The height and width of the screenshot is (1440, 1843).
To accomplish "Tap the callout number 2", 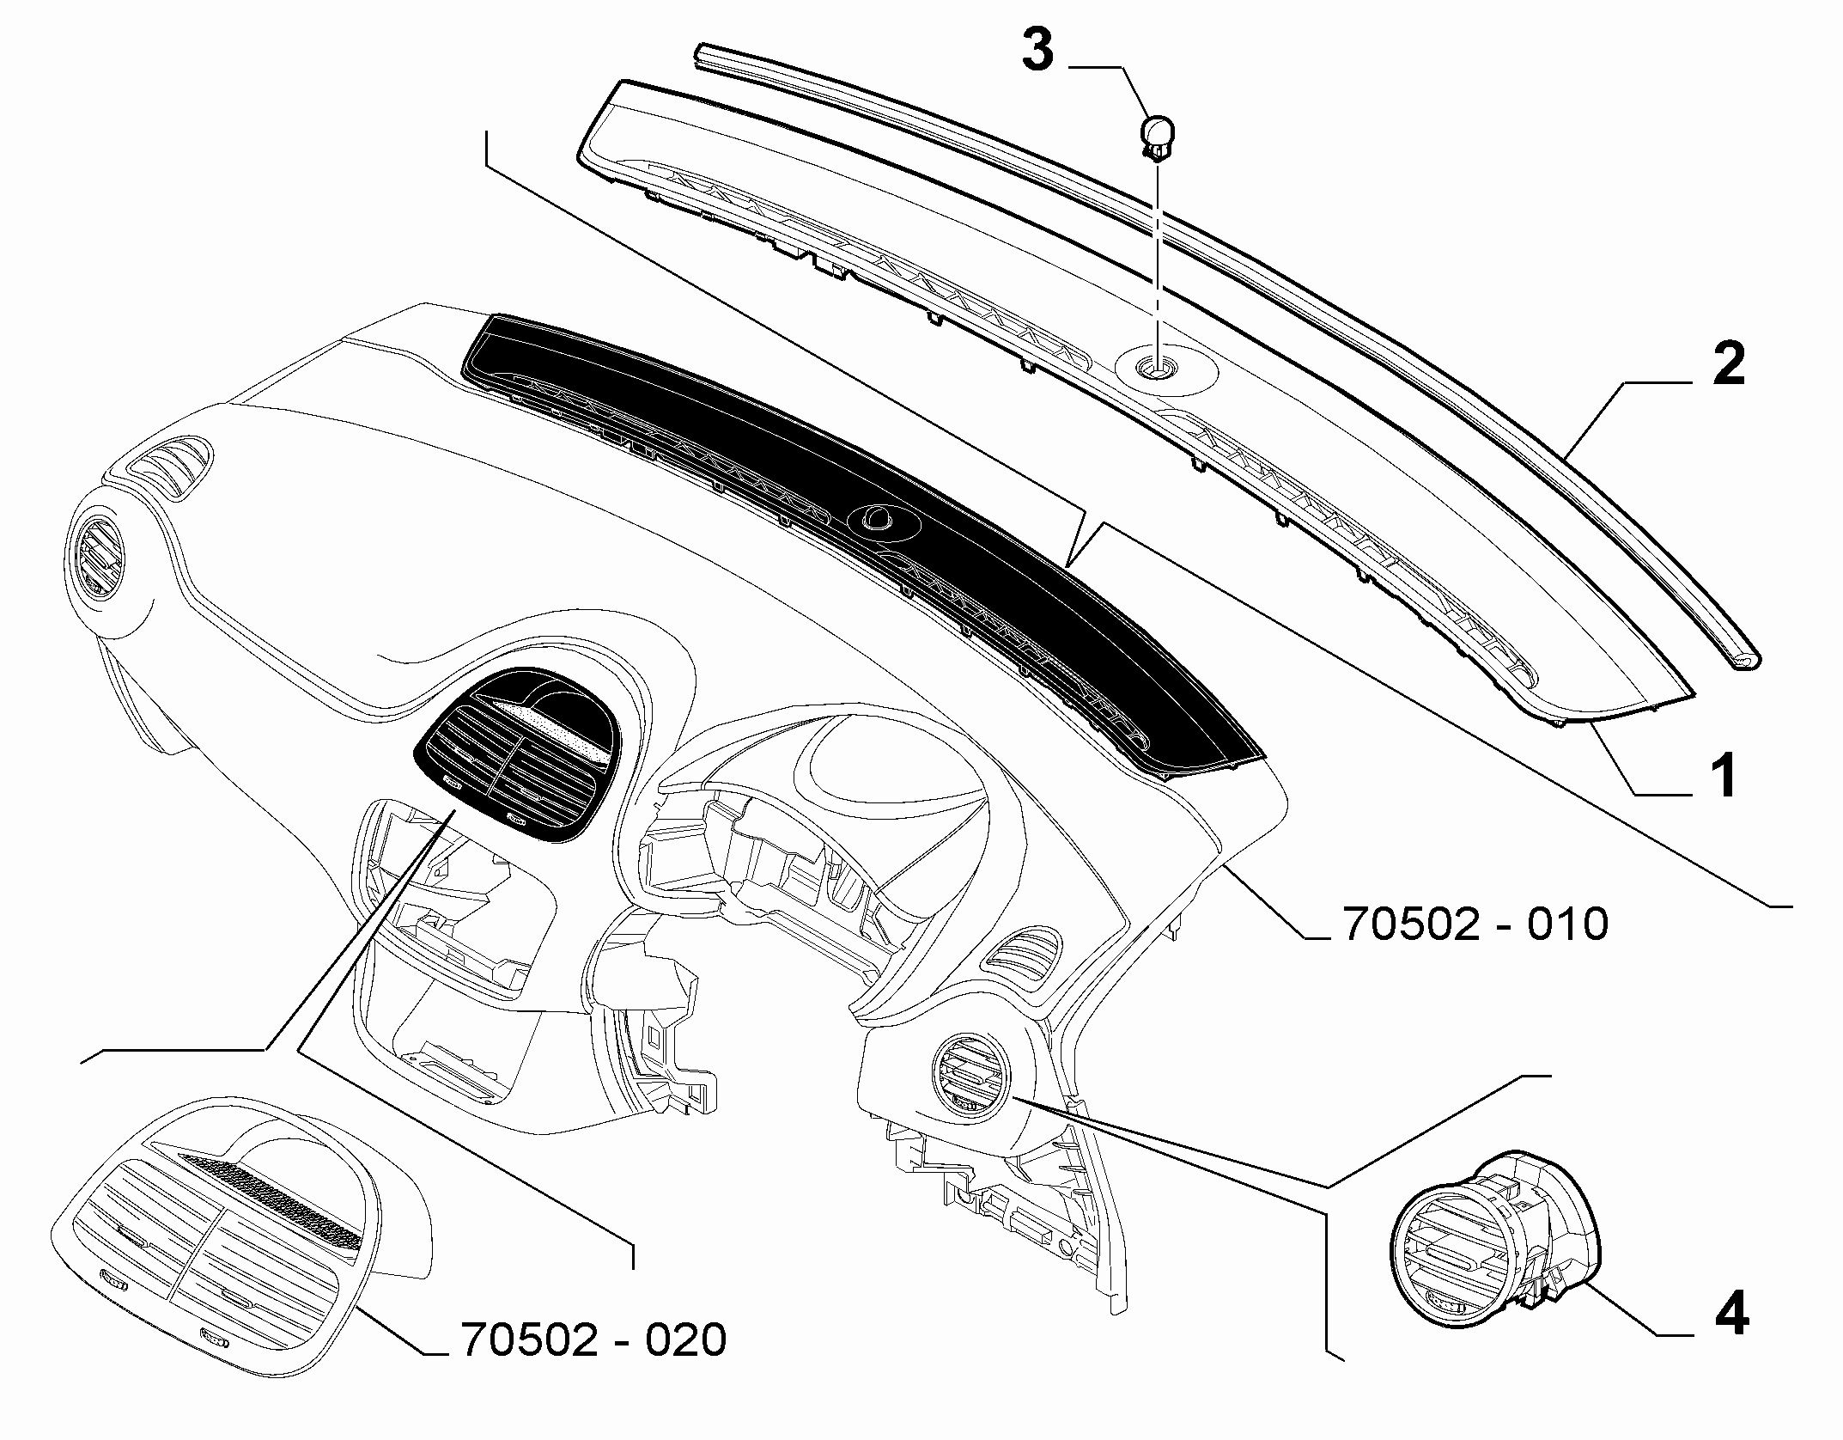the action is (x=1727, y=364).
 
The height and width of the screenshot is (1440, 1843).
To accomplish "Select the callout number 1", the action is (x=1723, y=775).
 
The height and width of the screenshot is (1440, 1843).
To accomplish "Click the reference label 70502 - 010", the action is (x=1475, y=924).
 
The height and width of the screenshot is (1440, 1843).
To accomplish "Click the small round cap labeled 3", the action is (x=1156, y=138).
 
